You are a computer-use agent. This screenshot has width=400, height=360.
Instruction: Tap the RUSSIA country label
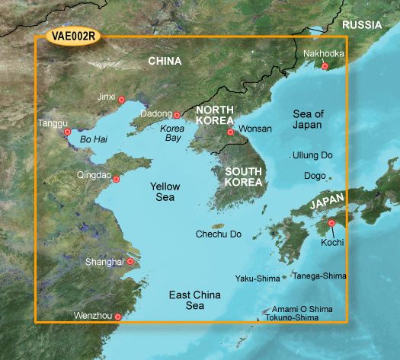click(361, 25)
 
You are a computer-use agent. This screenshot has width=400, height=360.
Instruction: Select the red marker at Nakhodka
click(325, 67)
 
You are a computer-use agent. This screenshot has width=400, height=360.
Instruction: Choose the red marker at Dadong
click(177, 116)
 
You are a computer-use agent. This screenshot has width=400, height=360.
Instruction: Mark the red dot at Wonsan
click(230, 132)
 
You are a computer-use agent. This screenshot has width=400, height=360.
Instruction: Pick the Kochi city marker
click(331, 223)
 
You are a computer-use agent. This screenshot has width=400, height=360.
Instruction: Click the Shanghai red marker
click(130, 262)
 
